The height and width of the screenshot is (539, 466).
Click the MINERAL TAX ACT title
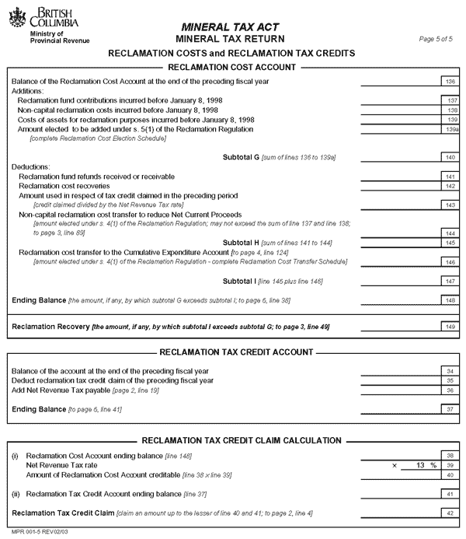pos(230,26)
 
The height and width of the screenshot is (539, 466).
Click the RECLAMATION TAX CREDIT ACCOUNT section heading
pos(234,353)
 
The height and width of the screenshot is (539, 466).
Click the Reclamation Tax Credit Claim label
pos(63,513)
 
